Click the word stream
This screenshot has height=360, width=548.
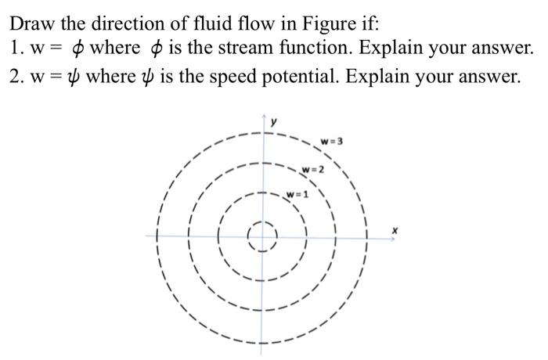tap(238, 48)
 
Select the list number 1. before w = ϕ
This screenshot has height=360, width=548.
tap(20, 48)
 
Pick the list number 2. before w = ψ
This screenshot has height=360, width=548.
tap(20, 76)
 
